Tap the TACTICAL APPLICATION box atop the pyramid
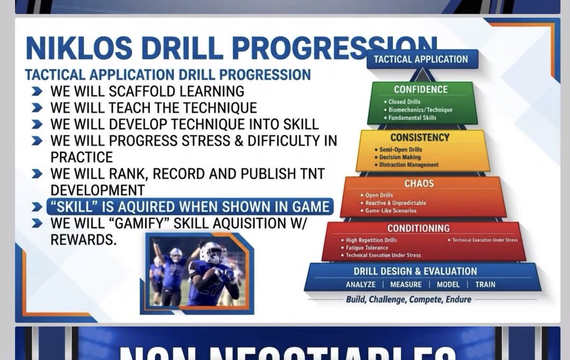421,60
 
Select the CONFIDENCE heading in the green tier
420,89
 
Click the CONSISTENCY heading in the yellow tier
419,138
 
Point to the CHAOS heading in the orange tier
419,184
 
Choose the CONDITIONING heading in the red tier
418,228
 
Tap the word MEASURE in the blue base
406,284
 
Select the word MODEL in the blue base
447,284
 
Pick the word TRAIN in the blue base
485,284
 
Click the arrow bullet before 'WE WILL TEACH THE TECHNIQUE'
37,108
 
